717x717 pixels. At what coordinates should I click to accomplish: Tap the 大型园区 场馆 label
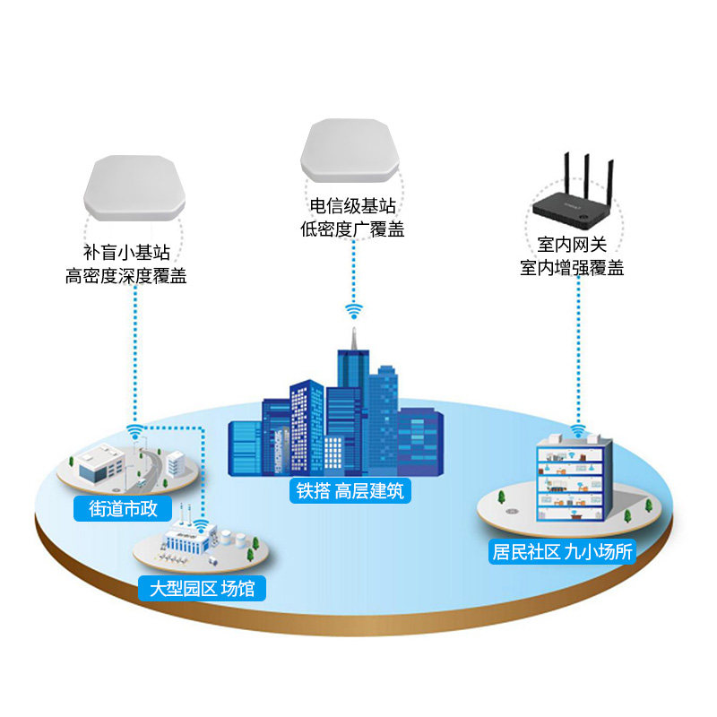coord(202,588)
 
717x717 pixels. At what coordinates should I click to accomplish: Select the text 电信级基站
coord(352,207)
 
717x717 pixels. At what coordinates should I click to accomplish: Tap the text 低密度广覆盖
coord(352,229)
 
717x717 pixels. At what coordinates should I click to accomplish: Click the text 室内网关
coord(572,244)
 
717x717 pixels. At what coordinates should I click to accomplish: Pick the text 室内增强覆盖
coord(572,267)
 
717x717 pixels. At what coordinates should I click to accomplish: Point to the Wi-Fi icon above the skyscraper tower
coord(354,311)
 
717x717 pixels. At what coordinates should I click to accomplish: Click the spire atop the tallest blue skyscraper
coord(354,336)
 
